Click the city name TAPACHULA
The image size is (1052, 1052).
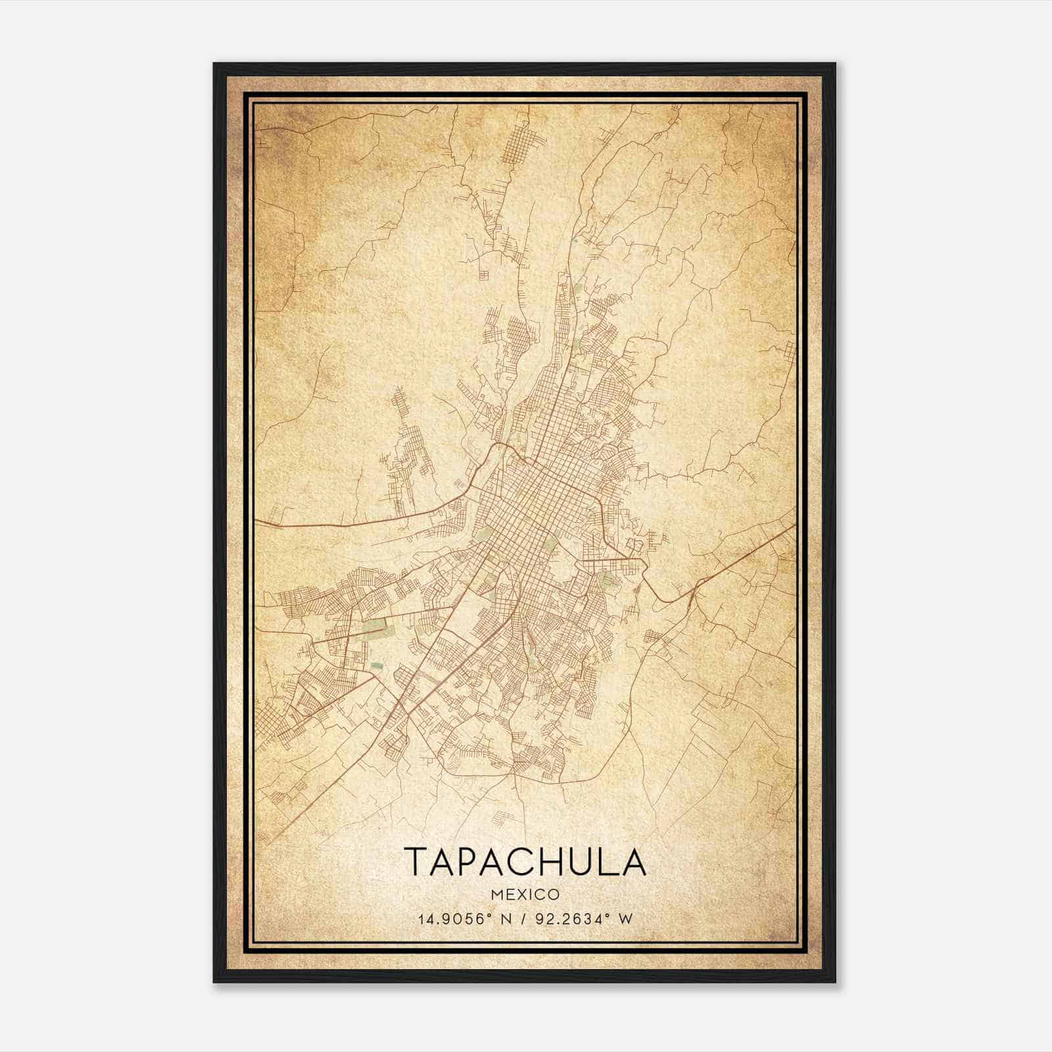[x=525, y=861]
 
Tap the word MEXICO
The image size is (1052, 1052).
[x=525, y=895]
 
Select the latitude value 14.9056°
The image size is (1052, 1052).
[x=454, y=919]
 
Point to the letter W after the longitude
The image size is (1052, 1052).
[x=627, y=919]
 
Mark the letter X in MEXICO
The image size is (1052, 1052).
[x=517, y=895]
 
